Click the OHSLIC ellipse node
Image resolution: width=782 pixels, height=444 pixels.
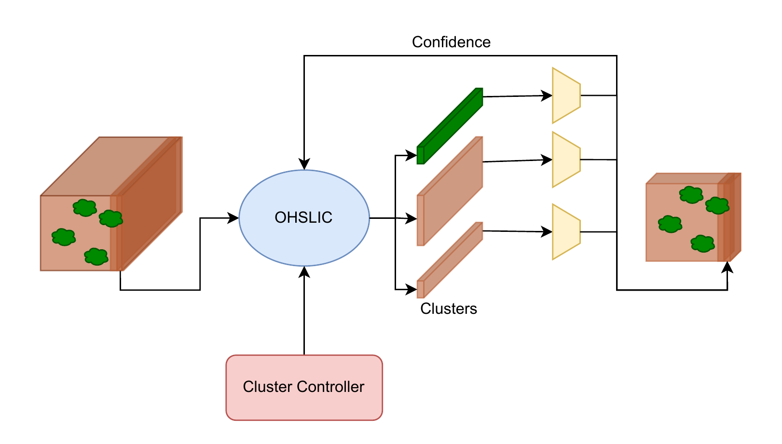point(304,217)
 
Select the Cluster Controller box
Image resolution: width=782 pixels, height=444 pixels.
point(304,387)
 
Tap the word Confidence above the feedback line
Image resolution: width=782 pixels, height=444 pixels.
point(451,42)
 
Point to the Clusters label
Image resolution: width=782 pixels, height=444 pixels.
point(449,309)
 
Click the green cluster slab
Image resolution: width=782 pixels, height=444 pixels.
point(450,126)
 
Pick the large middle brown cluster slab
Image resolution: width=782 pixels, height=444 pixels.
point(450,191)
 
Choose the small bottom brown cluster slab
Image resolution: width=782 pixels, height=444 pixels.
point(450,260)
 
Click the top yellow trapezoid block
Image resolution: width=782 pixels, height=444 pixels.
point(566,95)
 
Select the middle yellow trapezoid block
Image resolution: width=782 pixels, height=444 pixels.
point(566,160)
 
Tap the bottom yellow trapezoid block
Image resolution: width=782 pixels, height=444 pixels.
point(566,232)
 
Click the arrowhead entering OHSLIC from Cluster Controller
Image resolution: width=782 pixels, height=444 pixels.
point(304,271)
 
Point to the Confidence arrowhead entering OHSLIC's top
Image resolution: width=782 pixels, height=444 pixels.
point(304,164)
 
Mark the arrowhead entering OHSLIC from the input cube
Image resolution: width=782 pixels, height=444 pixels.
point(233,218)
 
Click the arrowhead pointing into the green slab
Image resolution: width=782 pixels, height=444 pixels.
point(412,155)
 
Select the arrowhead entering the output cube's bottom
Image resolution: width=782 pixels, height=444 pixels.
point(727,267)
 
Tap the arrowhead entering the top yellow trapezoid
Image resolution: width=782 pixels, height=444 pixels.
point(547,95)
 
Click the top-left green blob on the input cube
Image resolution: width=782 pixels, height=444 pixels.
point(85,208)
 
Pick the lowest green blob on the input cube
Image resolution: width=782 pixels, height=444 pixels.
point(96,256)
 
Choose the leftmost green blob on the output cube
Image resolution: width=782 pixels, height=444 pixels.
point(670,224)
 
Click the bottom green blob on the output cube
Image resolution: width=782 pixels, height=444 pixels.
point(702,243)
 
